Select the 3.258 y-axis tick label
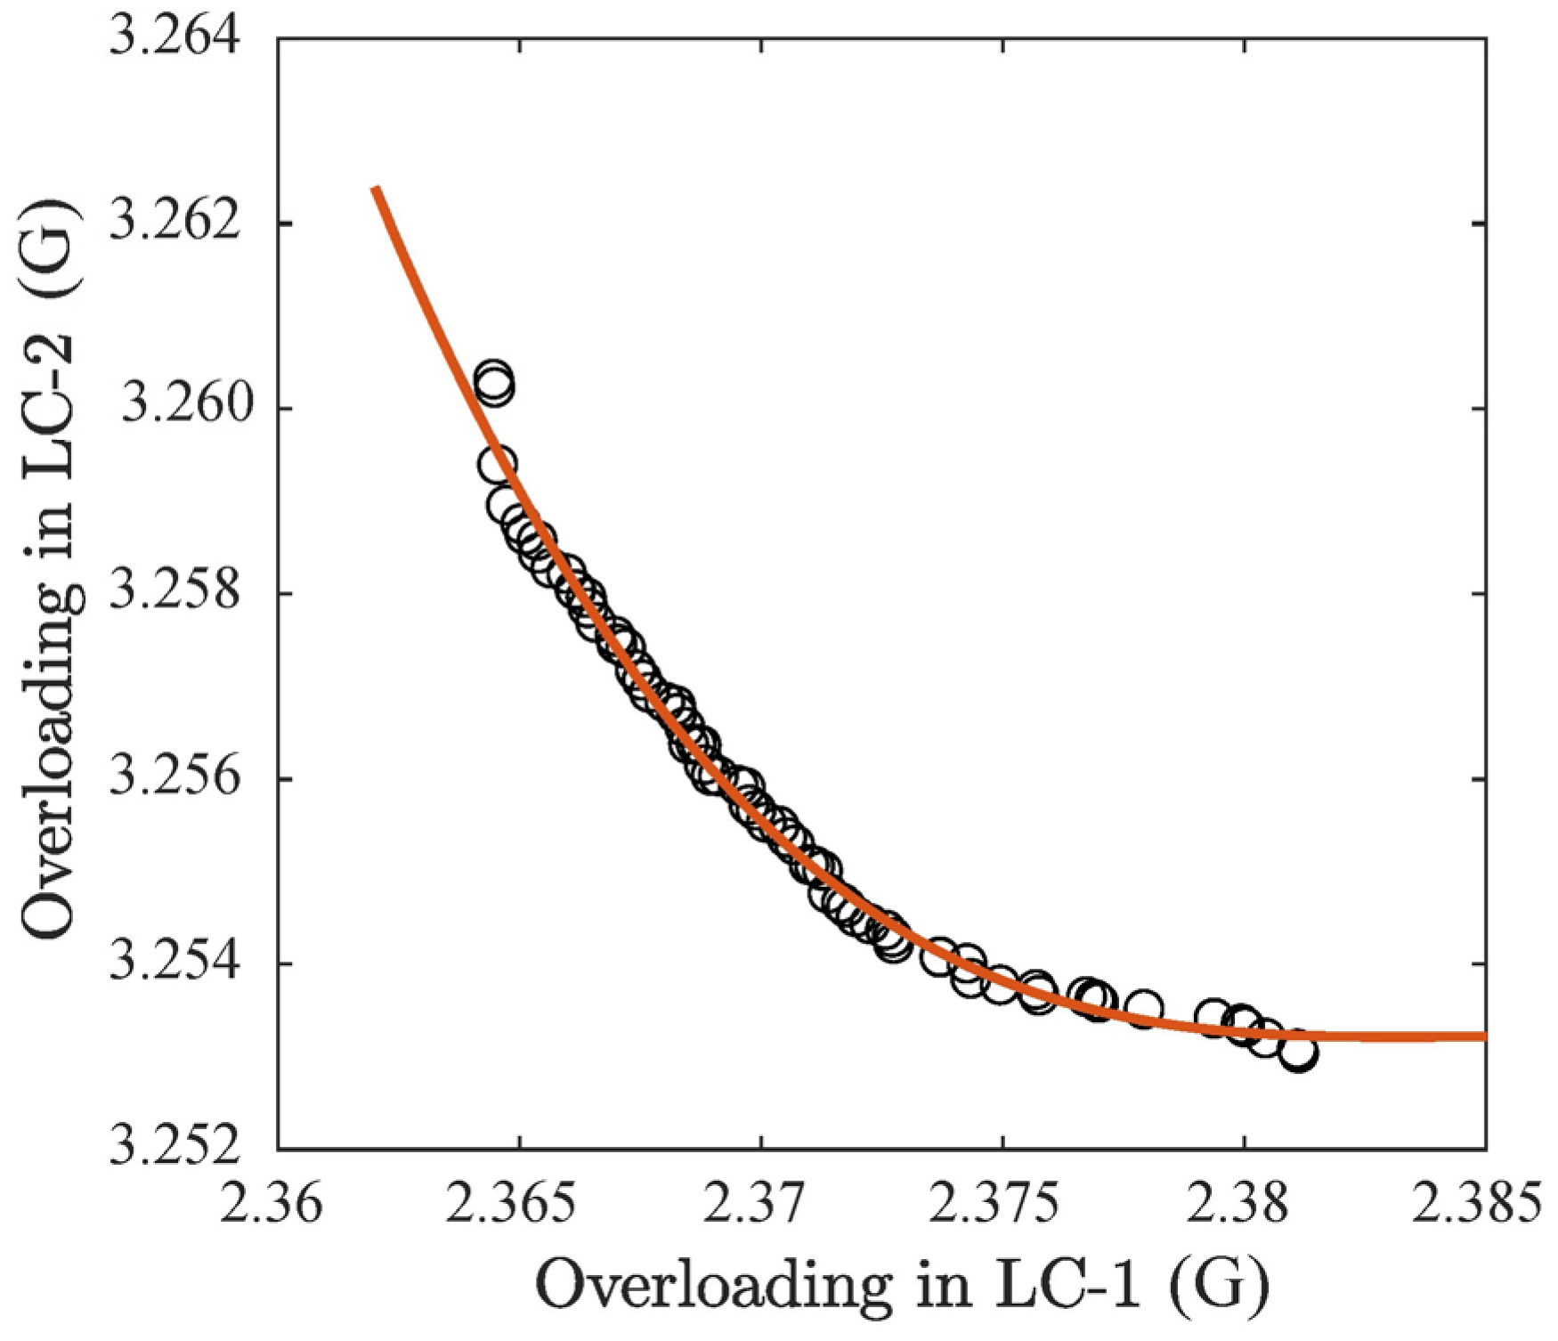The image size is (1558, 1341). [175, 593]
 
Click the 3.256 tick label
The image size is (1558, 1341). [175, 779]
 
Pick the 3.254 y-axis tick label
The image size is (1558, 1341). [175, 963]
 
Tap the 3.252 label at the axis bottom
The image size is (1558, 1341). [175, 1149]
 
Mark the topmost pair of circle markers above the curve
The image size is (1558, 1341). [495, 382]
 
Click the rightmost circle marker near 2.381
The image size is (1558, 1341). [1299, 1053]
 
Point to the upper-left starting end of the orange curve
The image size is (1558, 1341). [376, 188]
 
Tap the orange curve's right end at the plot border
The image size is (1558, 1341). [1483, 1036]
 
